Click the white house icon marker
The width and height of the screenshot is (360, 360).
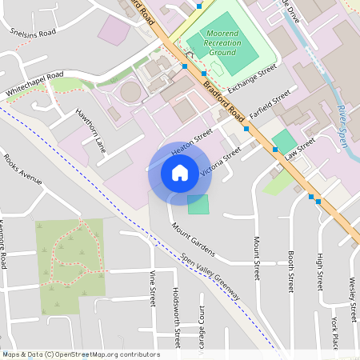(x=179, y=173)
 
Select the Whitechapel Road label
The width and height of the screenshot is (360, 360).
(x=34, y=84)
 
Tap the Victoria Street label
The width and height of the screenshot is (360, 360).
(x=221, y=161)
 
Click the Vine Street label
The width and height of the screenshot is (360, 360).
(x=152, y=288)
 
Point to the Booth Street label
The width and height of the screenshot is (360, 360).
(x=290, y=271)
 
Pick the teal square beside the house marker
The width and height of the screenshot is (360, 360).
(x=198, y=204)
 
